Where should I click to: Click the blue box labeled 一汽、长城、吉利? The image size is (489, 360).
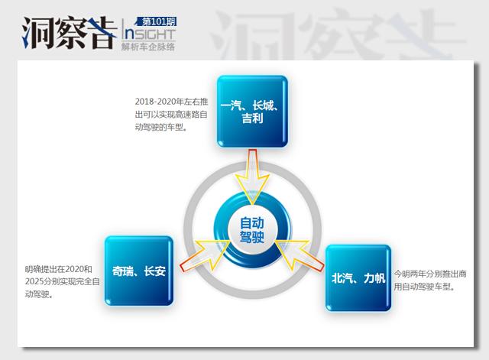(251, 111)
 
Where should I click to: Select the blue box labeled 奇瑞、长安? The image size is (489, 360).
(138, 271)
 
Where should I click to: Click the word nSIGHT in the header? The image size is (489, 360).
(147, 34)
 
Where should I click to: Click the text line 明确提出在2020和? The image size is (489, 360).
(58, 269)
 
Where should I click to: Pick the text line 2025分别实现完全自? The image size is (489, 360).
(59, 281)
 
